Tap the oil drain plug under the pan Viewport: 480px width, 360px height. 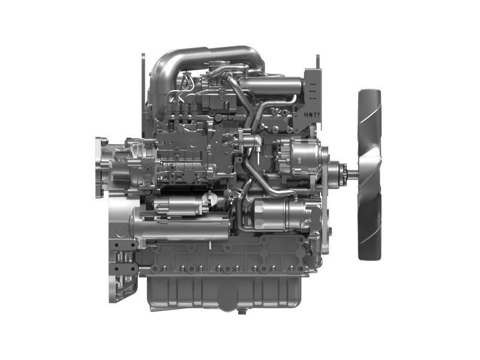242,311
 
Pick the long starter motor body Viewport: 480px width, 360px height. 180,229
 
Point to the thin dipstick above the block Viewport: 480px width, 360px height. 143,90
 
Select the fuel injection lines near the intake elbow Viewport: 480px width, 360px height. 180,90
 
